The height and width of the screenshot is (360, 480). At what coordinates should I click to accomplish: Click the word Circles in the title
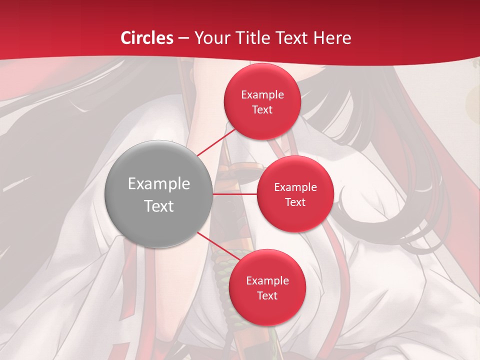tap(147, 38)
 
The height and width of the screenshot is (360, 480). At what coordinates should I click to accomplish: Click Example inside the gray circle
tap(159, 184)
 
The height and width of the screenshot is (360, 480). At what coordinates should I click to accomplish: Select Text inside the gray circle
tap(159, 206)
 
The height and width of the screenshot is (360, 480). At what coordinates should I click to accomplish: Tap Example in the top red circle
tap(262, 95)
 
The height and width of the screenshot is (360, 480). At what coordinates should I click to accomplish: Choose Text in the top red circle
tap(262, 110)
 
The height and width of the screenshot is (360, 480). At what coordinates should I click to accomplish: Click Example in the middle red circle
tap(295, 187)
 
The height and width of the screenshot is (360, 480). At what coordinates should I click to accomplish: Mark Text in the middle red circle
tap(295, 202)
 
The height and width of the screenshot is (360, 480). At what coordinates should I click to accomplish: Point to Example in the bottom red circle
tap(267, 281)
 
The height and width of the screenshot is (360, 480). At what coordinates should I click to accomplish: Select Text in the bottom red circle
tap(267, 296)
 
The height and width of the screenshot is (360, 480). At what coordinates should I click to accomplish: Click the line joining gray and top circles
tap(217, 142)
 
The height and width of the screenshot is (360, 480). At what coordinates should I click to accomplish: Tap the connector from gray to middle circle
tap(235, 193)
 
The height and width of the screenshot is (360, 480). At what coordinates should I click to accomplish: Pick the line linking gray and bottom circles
tap(218, 247)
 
